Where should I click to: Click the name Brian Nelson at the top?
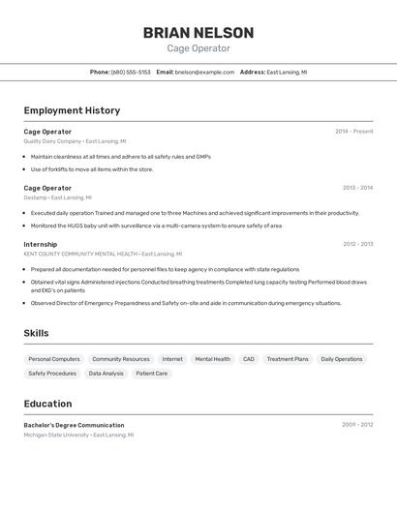tap(198, 33)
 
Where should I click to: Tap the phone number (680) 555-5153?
tap(131, 72)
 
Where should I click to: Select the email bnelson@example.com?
tap(205, 72)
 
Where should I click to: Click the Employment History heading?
tap(72, 110)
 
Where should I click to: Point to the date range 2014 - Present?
tap(353, 132)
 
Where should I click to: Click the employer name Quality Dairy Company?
tap(52, 141)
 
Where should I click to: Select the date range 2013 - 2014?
tap(357, 188)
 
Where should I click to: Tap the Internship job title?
tap(41, 244)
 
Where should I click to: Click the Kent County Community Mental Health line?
tap(80, 254)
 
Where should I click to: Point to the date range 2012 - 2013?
tap(357, 244)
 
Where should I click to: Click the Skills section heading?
tap(37, 333)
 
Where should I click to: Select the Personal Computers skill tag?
tap(54, 359)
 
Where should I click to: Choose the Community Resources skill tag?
tap(121, 359)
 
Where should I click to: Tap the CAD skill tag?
tap(249, 359)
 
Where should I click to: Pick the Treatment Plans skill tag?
tap(288, 359)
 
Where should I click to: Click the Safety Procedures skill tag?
tap(52, 373)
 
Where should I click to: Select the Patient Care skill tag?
tap(151, 373)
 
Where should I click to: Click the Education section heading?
tap(47, 404)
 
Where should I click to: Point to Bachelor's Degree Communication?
tap(74, 425)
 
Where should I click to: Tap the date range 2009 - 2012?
tap(357, 425)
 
